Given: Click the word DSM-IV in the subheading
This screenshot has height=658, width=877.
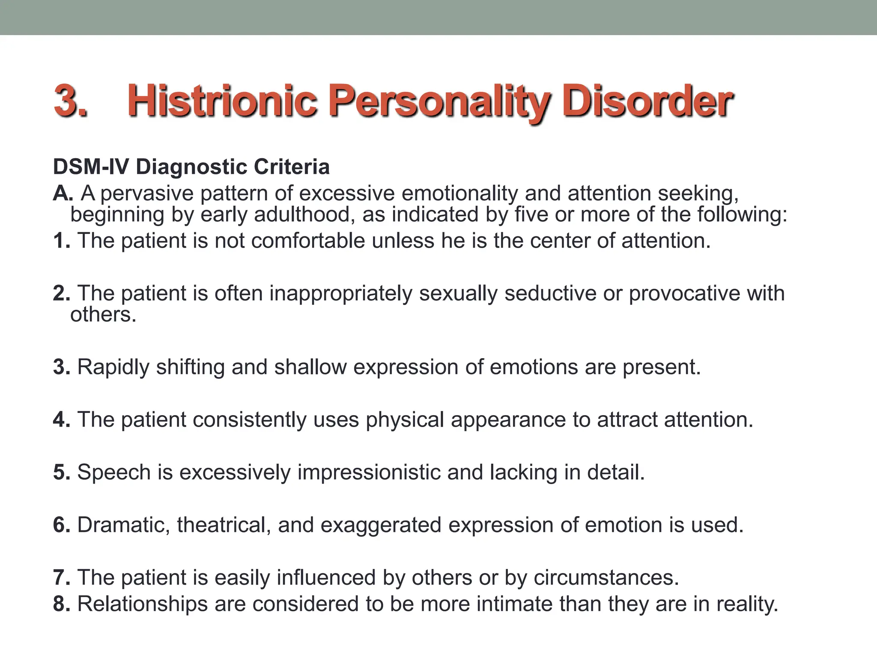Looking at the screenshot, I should coord(90,167).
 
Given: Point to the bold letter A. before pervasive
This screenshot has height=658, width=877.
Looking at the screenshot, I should coord(63,193).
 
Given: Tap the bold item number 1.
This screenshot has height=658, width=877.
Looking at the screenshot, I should coord(62,241).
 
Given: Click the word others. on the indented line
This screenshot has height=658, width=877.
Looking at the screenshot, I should coord(103,314).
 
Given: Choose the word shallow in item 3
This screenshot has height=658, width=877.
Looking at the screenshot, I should coord(310,367).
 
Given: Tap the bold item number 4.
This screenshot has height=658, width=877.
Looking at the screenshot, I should coord(62,419).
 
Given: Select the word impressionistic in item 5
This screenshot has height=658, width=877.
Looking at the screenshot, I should coord(369,472).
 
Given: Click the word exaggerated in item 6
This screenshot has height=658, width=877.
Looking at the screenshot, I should coord(381,525).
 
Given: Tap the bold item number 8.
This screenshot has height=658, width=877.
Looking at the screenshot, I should coord(62,604).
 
